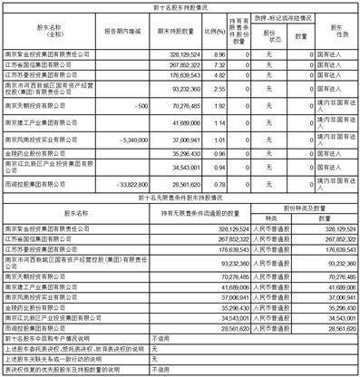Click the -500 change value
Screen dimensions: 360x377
point(112,107)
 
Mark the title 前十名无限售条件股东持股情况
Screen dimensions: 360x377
point(180,195)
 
